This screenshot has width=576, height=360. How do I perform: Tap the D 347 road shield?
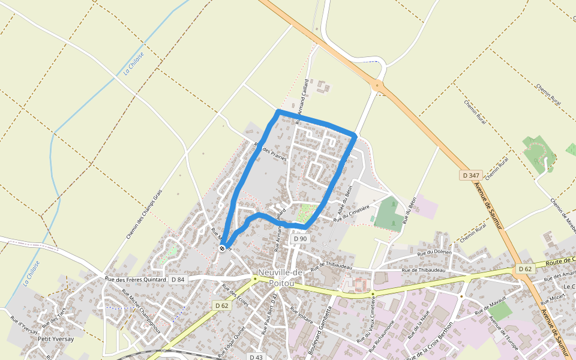coord(472,175)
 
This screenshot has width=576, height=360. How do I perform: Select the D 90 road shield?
coord(300,239)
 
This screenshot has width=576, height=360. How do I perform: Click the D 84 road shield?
coord(178,279)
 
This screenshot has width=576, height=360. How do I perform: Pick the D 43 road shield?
coord(256,357)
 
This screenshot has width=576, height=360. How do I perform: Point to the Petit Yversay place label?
coord(56,339)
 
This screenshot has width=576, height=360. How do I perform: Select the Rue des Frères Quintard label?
coord(135,279)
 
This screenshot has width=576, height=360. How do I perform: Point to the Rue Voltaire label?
coord(301,316)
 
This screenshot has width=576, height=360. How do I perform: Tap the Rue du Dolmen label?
coord(431,252)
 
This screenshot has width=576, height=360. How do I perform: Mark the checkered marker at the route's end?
coord(223,248)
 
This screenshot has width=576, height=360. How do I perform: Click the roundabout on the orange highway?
coord(377,86)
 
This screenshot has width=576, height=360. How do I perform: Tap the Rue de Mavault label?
coord(491,305)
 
